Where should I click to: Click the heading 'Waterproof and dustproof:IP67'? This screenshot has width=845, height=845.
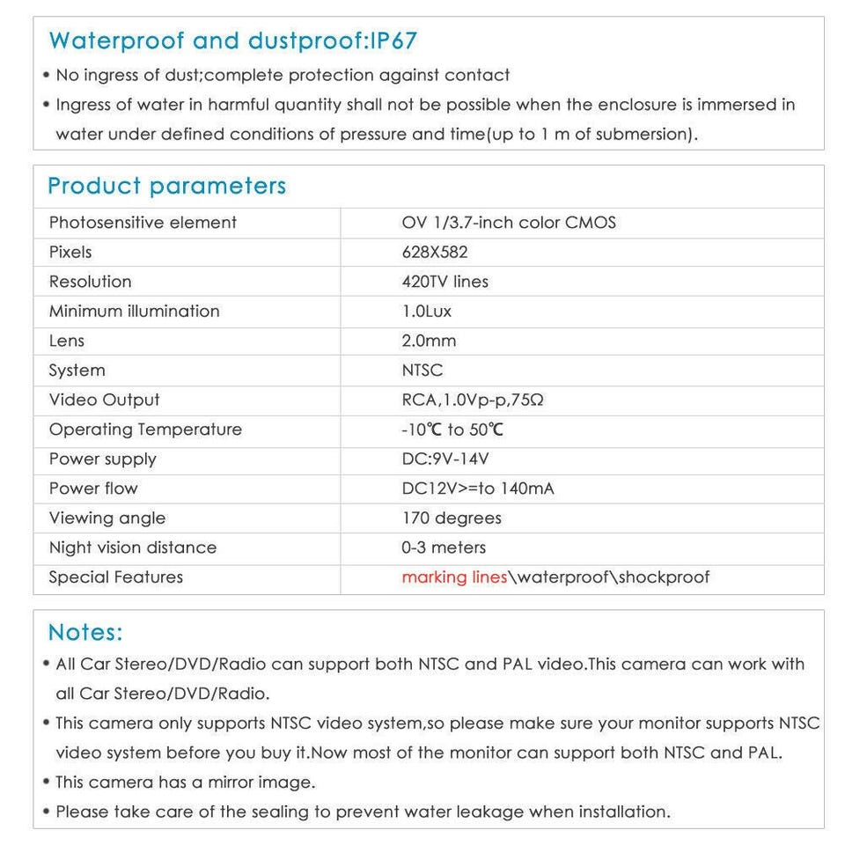(x=232, y=40)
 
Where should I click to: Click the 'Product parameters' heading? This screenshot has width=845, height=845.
(x=167, y=186)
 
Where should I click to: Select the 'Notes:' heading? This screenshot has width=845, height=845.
(x=85, y=632)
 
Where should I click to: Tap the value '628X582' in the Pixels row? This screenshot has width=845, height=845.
(x=435, y=252)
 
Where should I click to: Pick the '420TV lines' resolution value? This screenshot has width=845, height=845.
(x=445, y=282)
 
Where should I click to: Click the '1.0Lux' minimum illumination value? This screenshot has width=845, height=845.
(x=427, y=312)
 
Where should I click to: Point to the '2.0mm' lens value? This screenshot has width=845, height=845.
(x=429, y=341)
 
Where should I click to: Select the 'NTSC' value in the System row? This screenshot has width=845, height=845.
(x=422, y=371)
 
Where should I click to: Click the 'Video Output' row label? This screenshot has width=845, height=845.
(x=105, y=400)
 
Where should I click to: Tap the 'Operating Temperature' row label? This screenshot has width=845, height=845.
(x=145, y=430)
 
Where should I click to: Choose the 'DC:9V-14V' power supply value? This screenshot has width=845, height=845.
(x=445, y=459)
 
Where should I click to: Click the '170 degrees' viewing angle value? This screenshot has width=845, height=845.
(x=452, y=518)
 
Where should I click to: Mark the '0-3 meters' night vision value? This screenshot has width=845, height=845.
(x=444, y=547)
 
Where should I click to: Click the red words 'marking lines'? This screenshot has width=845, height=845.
(x=454, y=577)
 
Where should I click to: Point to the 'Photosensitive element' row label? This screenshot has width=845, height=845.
(x=143, y=223)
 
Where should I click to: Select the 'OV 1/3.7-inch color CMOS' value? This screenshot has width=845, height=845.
(x=509, y=223)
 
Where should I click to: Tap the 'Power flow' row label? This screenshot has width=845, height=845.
(x=93, y=489)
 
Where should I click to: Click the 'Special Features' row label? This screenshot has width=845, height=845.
(x=116, y=577)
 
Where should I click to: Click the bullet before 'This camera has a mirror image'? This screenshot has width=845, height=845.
(x=46, y=782)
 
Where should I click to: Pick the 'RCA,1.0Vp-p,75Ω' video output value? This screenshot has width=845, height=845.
(x=473, y=400)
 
